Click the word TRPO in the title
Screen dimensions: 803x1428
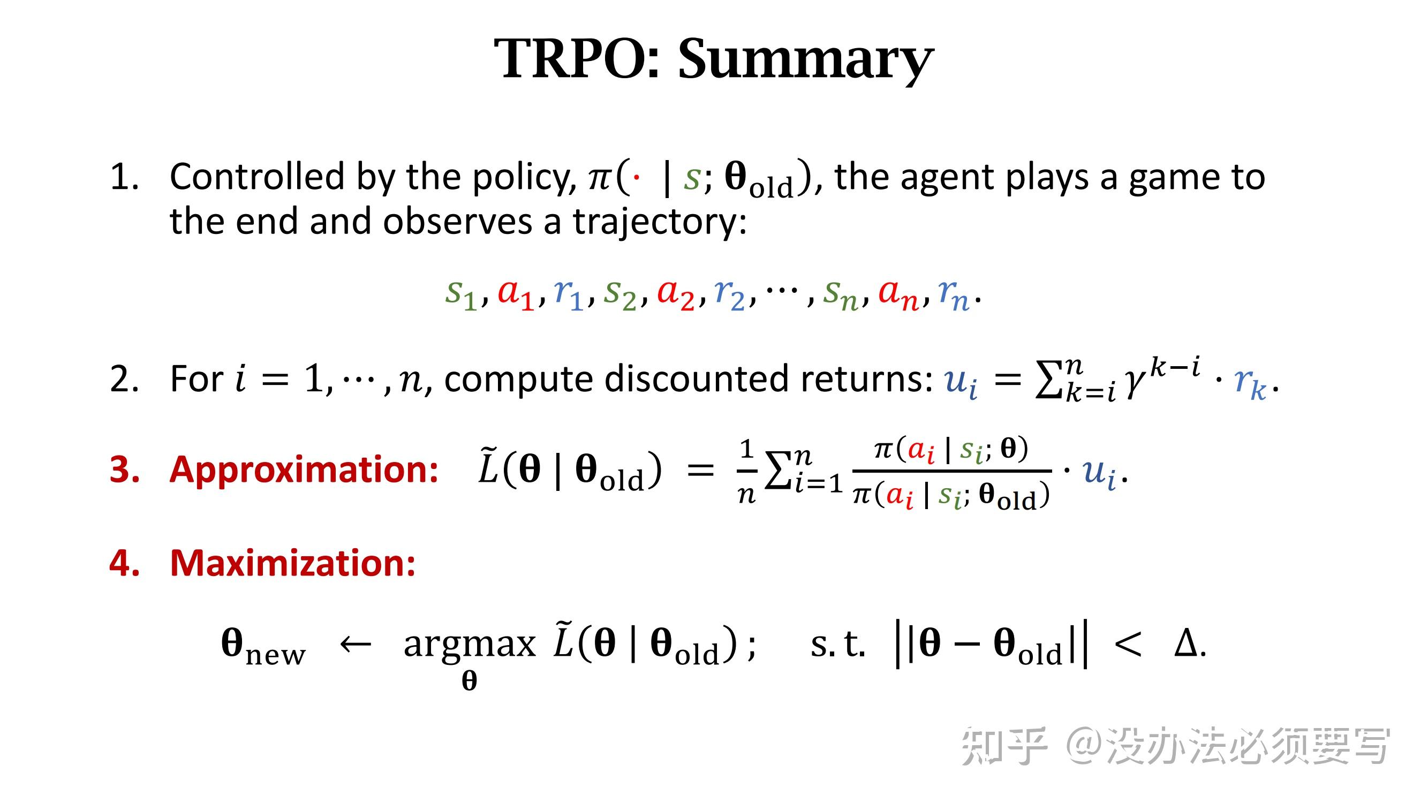(x=577, y=58)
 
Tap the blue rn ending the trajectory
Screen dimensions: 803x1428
(x=953, y=294)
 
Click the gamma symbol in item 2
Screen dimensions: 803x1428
(x=1134, y=382)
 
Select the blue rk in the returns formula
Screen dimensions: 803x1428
(x=1250, y=382)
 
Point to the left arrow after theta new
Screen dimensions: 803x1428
(x=355, y=644)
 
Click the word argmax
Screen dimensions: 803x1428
(x=469, y=644)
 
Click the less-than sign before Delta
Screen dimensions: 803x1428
(x=1127, y=645)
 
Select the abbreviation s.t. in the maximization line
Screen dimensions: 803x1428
(x=837, y=644)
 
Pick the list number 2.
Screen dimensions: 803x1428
(x=124, y=380)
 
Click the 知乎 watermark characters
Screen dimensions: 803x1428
(x=1003, y=746)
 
